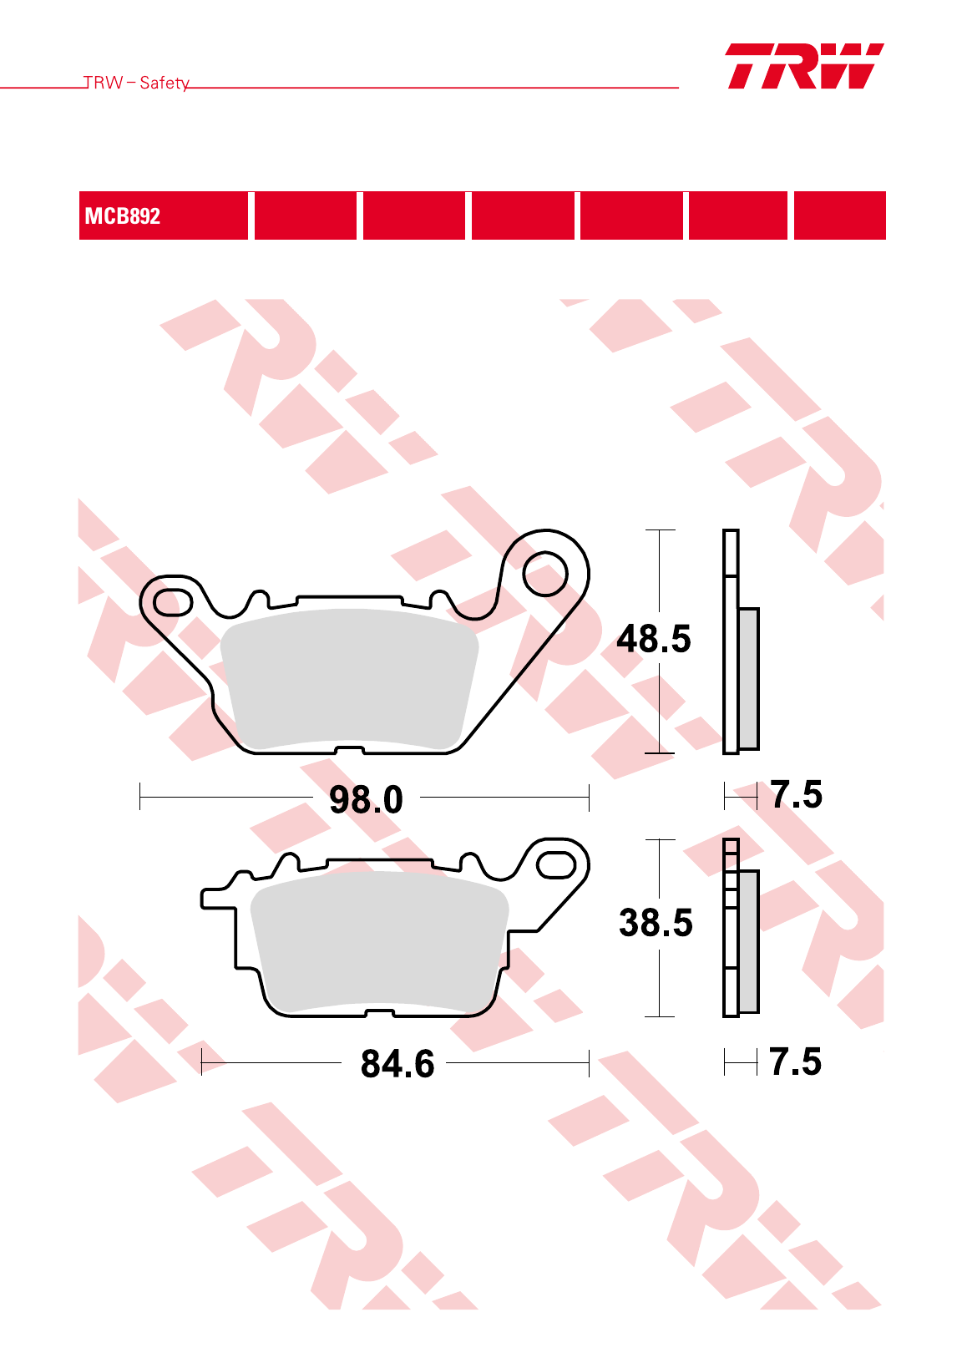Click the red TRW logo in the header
[804, 66]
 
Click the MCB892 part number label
[122, 216]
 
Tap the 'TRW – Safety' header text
[136, 83]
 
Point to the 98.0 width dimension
[367, 799]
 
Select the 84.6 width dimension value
[397, 1064]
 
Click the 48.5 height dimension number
[654, 640]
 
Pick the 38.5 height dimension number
[656, 923]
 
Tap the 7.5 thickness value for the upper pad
[796, 794]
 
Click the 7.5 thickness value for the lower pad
[795, 1061]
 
